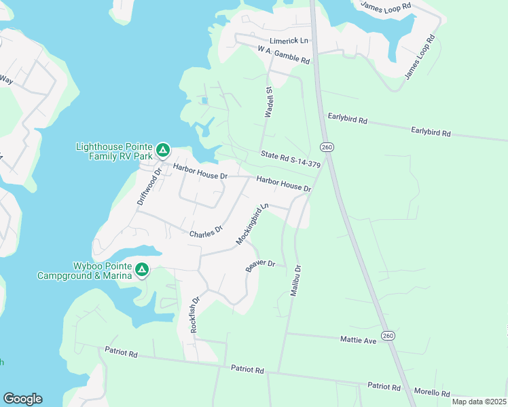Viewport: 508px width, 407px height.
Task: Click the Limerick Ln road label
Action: (289, 41)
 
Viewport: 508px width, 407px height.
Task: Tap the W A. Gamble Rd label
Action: (284, 56)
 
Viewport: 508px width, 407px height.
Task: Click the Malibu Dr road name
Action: (295, 280)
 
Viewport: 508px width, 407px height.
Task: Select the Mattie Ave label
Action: (360, 340)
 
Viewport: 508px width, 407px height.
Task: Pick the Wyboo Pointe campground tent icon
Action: (142, 270)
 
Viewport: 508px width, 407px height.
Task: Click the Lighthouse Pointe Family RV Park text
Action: (115, 151)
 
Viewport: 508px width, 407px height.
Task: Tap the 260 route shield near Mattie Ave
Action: (388, 336)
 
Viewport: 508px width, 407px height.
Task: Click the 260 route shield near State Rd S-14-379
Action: (327, 147)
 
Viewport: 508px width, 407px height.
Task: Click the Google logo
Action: (22, 399)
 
